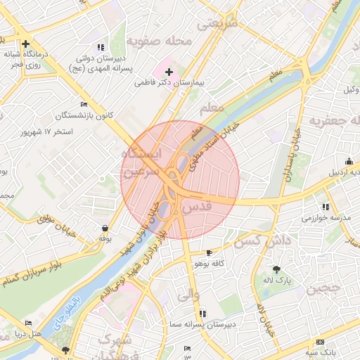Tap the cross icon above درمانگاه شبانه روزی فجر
click(x=27, y=44)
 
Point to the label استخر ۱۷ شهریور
click(x=48, y=131)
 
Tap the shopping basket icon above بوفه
click(x=105, y=228)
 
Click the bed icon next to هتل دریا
click(x=17, y=333)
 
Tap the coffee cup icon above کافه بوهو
click(x=209, y=252)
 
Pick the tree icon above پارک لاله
click(x=276, y=269)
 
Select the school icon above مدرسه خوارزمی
click(x=325, y=207)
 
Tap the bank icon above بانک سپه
click(x=314, y=344)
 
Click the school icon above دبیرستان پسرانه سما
click(x=202, y=314)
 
